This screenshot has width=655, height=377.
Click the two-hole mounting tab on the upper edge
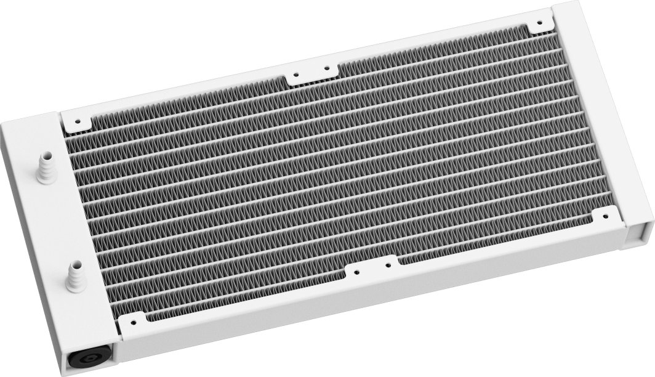pos(311,72)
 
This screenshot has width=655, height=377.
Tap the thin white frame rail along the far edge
pos(308,59)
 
